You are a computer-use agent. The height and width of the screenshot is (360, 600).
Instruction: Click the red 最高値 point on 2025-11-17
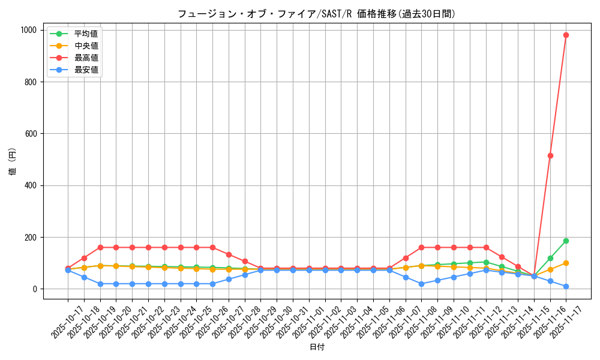(x=566, y=35)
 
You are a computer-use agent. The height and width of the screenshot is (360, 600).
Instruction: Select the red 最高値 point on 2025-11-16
(x=550, y=155)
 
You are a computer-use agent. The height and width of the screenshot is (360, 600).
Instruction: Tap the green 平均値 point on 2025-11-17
(x=566, y=241)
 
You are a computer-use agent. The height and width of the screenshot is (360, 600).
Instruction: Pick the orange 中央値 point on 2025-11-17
(x=566, y=263)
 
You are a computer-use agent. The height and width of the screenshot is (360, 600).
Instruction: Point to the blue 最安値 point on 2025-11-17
(x=566, y=286)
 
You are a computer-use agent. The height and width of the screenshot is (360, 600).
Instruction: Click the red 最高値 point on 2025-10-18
(x=84, y=258)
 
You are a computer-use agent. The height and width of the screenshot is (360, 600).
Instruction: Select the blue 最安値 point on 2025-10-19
(x=100, y=284)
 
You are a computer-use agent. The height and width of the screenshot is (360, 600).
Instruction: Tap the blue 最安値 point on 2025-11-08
(x=421, y=284)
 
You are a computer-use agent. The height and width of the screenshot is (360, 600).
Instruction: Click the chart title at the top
(x=317, y=14)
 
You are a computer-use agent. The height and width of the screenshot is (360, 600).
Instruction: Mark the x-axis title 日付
(x=317, y=347)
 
